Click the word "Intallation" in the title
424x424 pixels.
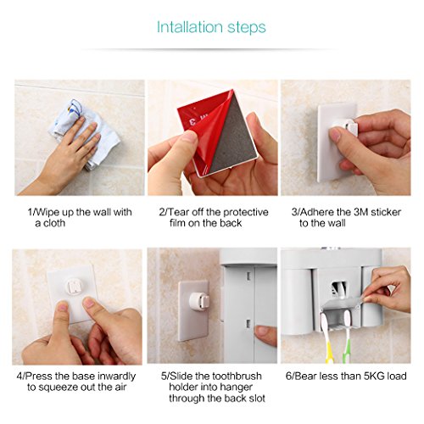[x=189, y=27]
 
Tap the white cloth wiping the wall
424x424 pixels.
[x=85, y=133]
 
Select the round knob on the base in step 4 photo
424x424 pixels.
[x=74, y=286]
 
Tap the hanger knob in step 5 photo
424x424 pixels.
[x=199, y=302]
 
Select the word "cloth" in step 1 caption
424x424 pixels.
[x=54, y=223]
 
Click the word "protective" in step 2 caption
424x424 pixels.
[x=246, y=212]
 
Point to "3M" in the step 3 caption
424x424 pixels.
[x=360, y=212]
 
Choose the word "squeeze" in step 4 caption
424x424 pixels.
[x=59, y=388]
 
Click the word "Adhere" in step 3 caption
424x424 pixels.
[x=317, y=212]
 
